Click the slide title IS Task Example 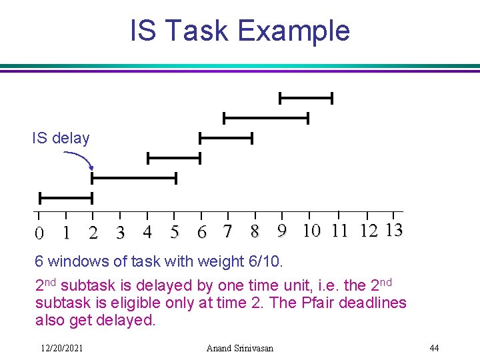pos(239,31)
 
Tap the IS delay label pos(61,138)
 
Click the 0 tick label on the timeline pos(39,233)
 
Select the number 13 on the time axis pos(393,231)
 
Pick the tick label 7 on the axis pos(228,232)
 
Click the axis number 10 pos(311,231)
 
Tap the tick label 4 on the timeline pos(147,232)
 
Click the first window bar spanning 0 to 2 pos(65,198)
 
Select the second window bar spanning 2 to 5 pos(133,178)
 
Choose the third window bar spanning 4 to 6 pos(173,158)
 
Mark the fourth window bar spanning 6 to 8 pos(226,138)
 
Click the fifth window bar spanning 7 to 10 pos(265,118)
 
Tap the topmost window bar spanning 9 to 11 pos(305,99)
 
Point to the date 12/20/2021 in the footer pos(61,348)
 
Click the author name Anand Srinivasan pos(239,348)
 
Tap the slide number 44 pos(434,348)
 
